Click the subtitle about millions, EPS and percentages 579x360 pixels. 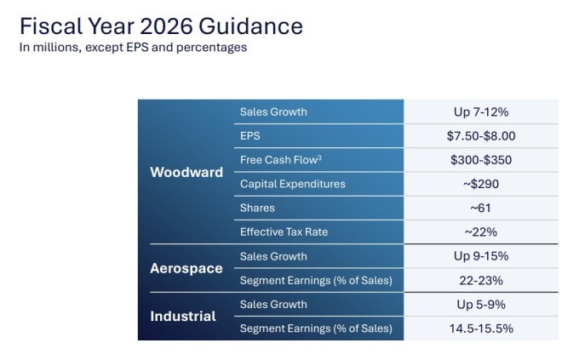coord(133,48)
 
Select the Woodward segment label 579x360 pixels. coord(186,172)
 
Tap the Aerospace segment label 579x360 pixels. coord(186,268)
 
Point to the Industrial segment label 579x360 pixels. coord(183,316)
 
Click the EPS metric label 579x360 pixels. coord(249,135)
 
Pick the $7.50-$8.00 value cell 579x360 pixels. coord(481,135)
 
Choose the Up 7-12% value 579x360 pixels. coord(481,111)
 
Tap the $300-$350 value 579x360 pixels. coord(481,159)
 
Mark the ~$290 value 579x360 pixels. coord(481,184)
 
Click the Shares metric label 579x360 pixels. coord(257,208)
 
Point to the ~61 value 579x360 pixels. coord(481,208)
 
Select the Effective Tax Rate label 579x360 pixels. coord(284,231)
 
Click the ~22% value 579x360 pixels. coord(481,231)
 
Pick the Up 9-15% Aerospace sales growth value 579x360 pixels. coord(481,256)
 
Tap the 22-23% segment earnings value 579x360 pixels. coord(481,280)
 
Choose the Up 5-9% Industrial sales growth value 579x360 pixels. coord(481,304)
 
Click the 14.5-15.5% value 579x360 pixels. coord(481,329)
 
